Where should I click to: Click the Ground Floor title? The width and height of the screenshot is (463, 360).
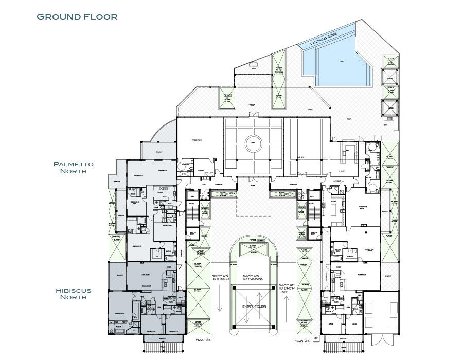77,16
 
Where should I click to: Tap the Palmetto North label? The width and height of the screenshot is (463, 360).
74,168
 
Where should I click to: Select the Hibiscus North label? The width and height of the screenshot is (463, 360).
74,294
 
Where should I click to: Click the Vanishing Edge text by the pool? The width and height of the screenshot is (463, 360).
324,39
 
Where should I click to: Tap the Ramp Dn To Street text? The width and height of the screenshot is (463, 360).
220,277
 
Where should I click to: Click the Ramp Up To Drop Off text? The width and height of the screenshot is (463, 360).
286,288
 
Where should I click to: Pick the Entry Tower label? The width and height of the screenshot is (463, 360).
252,307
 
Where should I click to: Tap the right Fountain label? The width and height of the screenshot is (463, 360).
302,340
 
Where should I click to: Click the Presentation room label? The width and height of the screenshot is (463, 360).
196,140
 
